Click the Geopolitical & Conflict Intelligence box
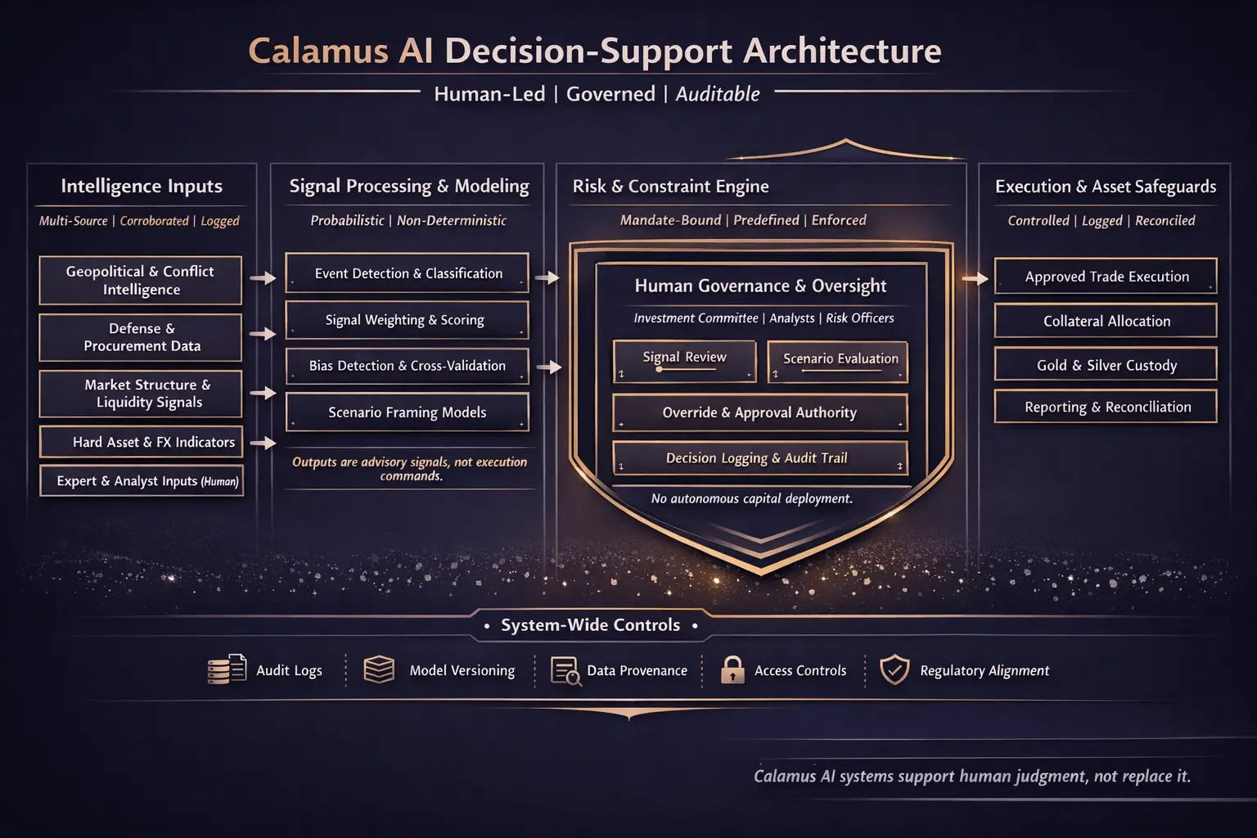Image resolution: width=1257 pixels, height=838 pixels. coord(140,280)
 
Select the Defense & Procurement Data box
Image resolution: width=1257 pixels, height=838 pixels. coord(140,337)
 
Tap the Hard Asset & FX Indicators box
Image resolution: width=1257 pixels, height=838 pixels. coord(141,442)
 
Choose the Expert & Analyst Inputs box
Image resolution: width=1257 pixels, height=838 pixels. coord(141,481)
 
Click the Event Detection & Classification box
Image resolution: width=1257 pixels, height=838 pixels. coord(407,273)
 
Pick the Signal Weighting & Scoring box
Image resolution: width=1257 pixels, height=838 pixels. coord(407,320)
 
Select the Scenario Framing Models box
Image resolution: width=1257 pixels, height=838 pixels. coord(407,412)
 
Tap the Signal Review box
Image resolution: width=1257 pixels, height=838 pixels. coord(684,361)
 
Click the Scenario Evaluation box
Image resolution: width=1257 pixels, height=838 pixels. coord(838,361)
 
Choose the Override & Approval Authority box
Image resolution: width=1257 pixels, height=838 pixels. coord(759,412)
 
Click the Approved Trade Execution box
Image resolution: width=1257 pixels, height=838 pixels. coord(1106,277)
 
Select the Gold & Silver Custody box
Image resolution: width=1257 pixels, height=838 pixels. coord(1106,365)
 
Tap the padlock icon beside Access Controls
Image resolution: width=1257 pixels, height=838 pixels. coord(732,669)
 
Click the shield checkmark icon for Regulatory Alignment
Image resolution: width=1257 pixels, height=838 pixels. coord(894,669)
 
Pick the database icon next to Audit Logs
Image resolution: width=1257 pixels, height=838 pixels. coord(226,669)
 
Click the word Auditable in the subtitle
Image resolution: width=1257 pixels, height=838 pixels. coord(717,94)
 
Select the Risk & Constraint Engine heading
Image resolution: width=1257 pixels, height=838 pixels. coord(670,187)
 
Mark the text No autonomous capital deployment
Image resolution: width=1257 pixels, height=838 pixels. coord(751,498)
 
